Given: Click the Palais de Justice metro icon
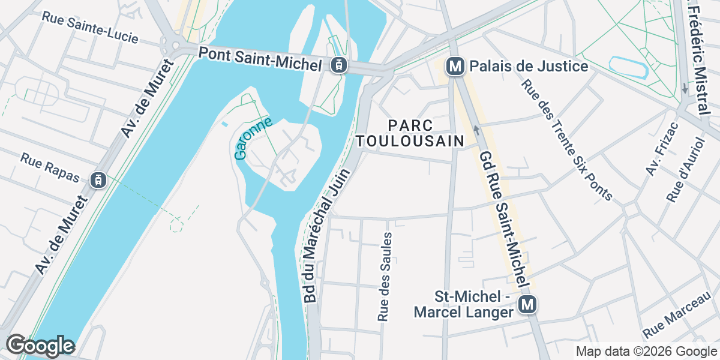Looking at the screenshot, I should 456,66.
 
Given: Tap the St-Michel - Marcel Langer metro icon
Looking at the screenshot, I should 527,305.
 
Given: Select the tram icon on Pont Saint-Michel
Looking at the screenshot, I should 338,65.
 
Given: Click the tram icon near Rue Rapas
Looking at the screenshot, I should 98,179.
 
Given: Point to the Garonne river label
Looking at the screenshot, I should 253,139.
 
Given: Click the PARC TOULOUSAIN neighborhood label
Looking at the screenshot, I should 410,133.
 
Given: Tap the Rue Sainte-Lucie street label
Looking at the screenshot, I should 90,27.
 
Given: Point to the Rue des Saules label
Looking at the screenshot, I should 385,276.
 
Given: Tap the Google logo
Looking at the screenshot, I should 40,346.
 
